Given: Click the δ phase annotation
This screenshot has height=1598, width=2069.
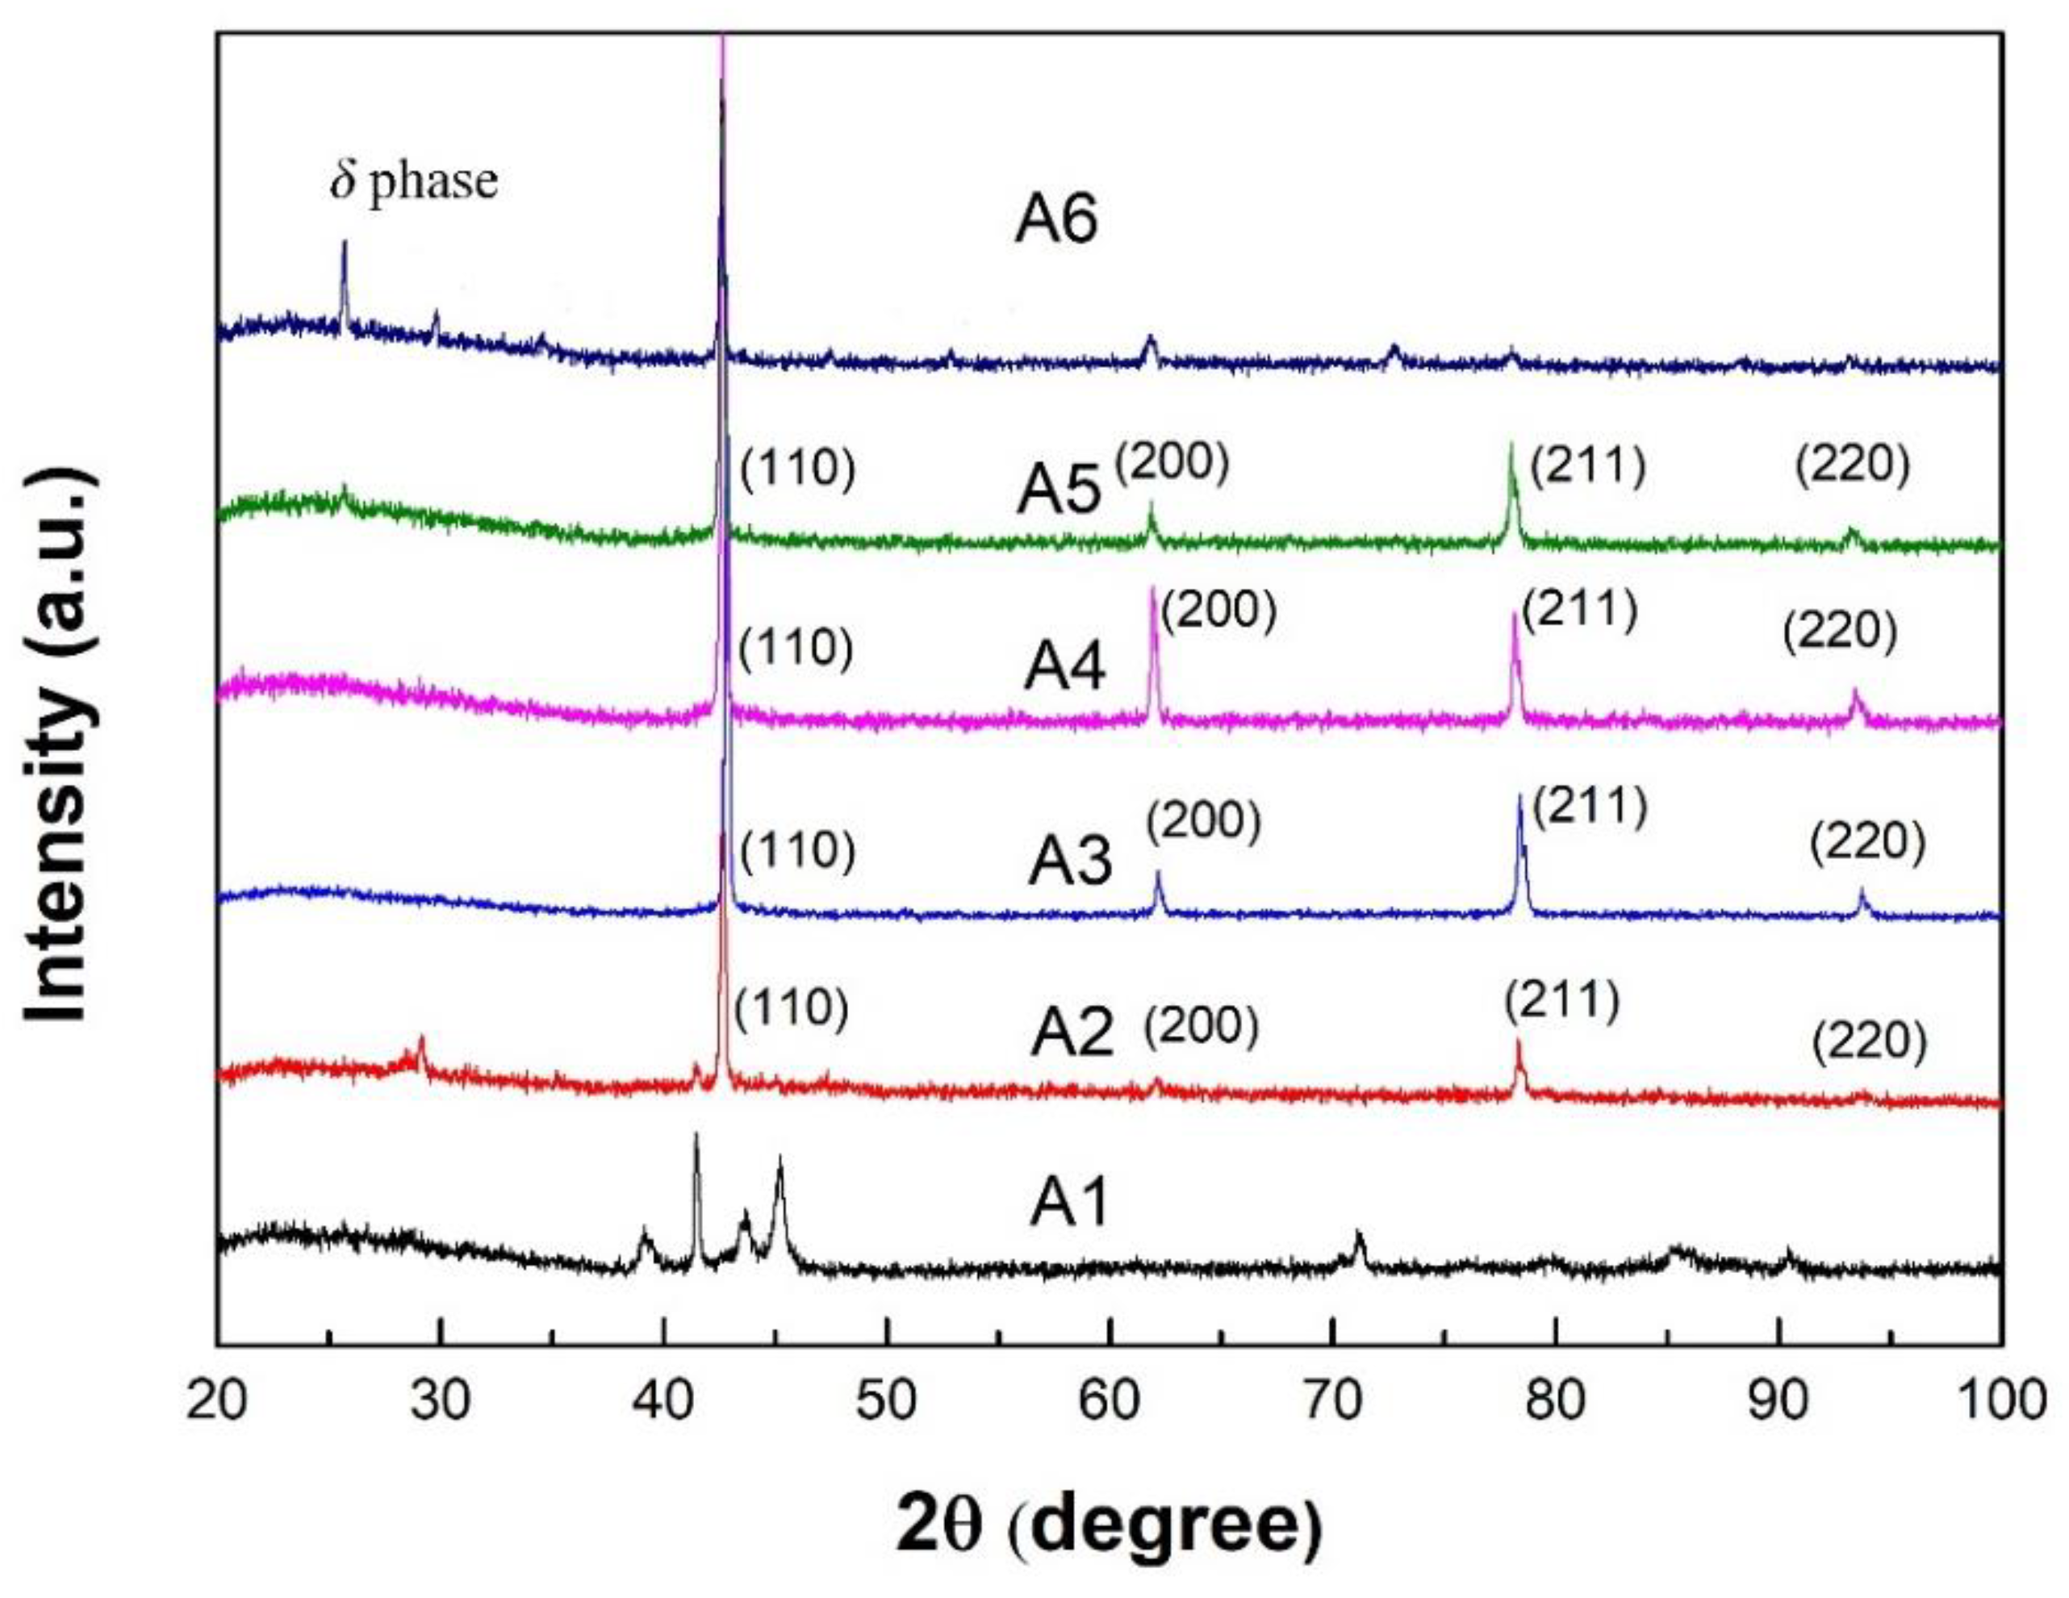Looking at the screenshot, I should point(414,181).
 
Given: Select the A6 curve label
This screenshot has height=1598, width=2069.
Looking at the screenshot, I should point(1055,222).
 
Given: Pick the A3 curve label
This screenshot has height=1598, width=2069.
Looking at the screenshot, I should point(1069,863).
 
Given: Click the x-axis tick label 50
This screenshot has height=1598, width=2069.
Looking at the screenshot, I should point(887,1400).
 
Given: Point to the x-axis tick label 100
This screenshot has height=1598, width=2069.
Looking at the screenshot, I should point(1999,1400).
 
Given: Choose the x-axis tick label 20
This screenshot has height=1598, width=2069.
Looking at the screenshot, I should point(218,1400).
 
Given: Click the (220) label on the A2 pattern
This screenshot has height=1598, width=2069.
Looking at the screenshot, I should point(1869,1042).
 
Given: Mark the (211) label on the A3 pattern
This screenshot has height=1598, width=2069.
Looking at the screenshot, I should point(1589,807).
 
